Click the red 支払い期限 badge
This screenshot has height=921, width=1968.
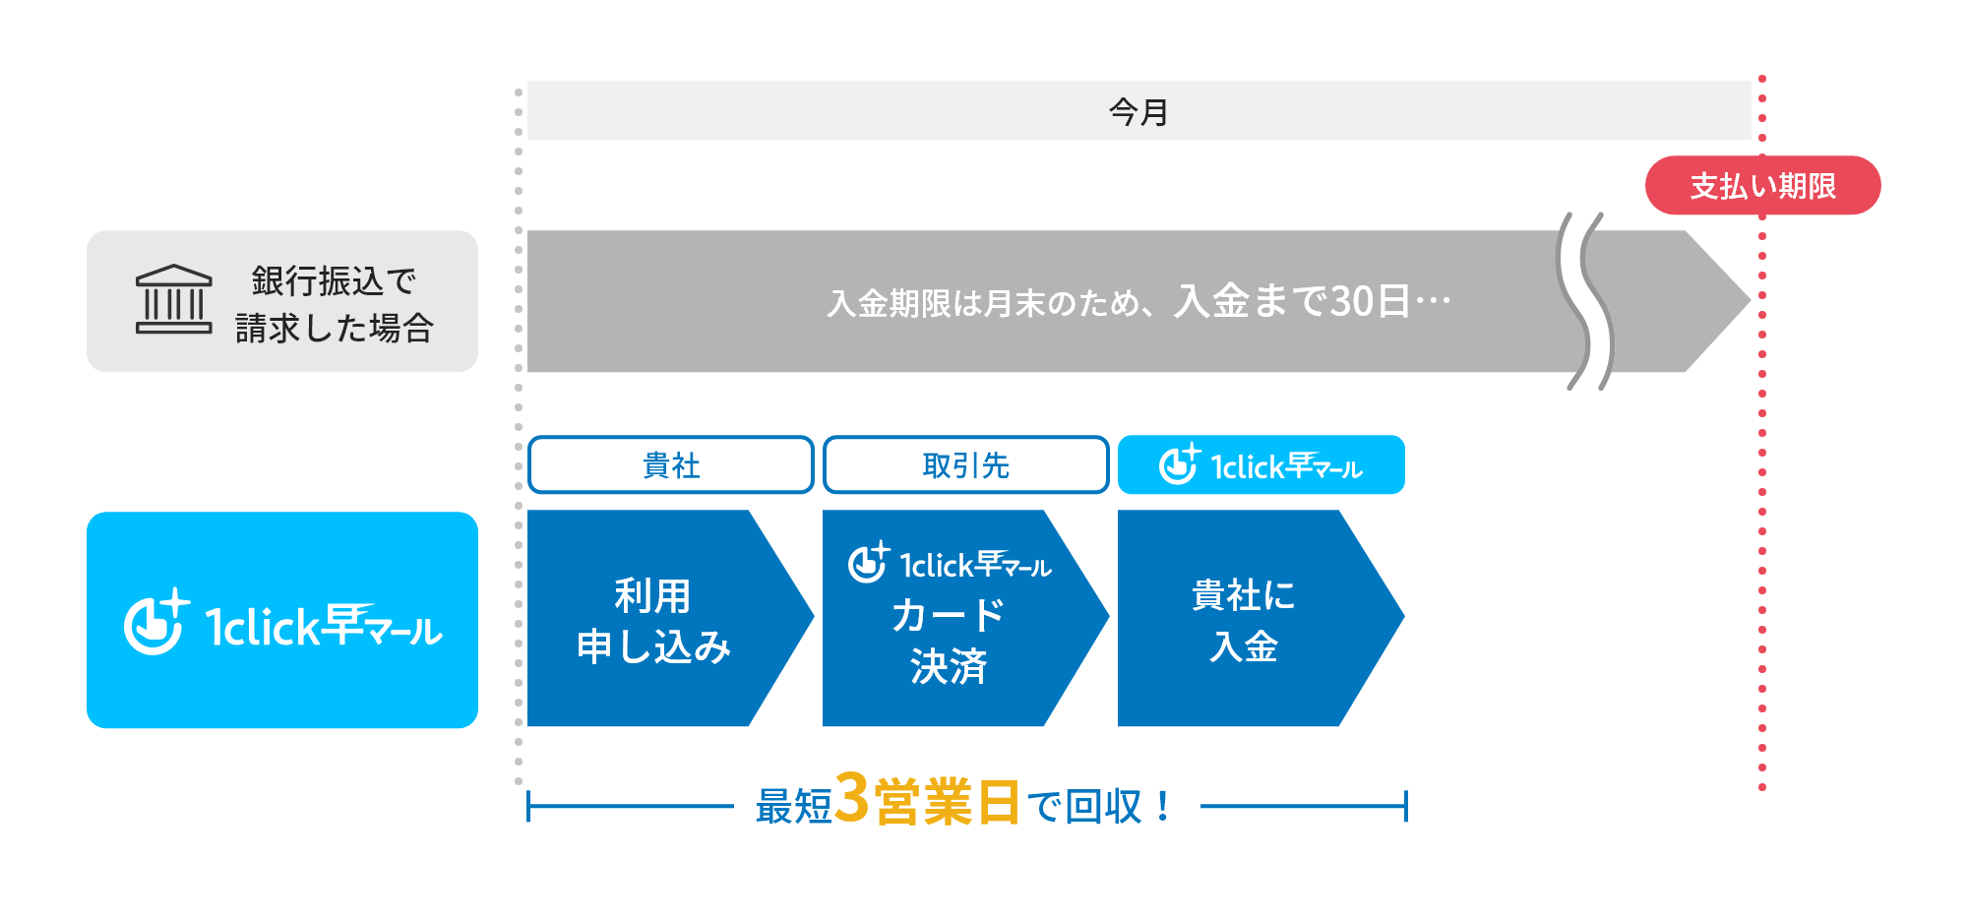point(1762,185)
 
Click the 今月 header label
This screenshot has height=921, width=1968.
point(1138,111)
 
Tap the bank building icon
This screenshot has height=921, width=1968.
point(173,300)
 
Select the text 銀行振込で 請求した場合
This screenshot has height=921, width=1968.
point(334,304)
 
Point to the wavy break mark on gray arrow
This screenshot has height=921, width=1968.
point(1584,301)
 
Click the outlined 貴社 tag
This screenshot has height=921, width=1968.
point(671,464)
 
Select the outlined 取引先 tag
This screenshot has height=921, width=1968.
point(965,464)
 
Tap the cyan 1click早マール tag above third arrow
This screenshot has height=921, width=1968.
point(1261,464)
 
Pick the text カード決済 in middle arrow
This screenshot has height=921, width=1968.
point(948,641)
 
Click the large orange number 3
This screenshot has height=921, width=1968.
point(852,798)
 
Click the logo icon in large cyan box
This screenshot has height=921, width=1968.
point(155,622)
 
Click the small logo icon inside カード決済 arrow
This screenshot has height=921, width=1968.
point(869,563)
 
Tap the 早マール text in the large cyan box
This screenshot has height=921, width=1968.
point(382,625)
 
